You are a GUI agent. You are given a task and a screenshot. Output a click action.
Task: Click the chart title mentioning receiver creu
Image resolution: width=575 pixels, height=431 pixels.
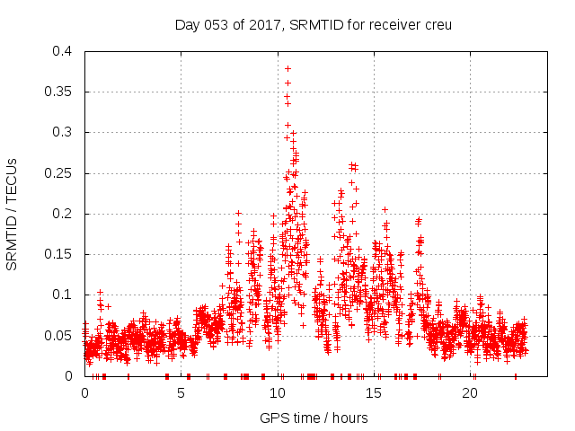pos(313,24)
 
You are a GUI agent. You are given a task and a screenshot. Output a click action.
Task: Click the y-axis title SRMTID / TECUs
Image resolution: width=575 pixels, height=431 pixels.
pos(13,214)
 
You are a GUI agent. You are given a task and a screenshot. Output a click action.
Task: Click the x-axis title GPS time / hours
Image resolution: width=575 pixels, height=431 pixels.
pos(313,418)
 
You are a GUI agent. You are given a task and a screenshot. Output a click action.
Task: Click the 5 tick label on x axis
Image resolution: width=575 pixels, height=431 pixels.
pos(181,393)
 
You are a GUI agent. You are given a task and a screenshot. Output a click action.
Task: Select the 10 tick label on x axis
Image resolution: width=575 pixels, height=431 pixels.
pos(278,393)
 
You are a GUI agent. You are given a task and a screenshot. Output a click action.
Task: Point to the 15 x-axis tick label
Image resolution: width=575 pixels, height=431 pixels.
pos(374,393)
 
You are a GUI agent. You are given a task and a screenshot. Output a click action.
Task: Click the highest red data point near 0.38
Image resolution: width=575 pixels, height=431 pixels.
pos(287,68)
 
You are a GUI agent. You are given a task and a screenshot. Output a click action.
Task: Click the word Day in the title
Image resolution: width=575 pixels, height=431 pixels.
pos(186,24)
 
